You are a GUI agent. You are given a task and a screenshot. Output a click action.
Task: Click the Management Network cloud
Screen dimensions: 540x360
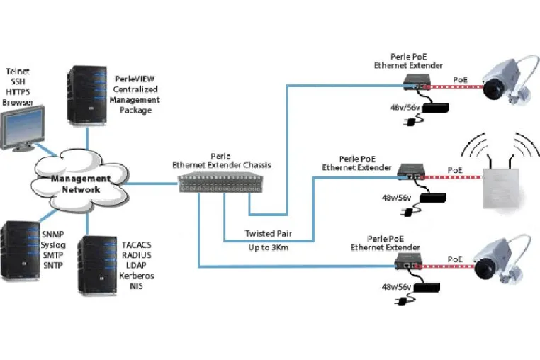point(80,182)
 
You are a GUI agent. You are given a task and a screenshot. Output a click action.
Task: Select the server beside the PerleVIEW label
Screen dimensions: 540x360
point(87,95)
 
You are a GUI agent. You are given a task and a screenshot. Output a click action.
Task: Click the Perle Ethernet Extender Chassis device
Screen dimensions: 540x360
point(220,184)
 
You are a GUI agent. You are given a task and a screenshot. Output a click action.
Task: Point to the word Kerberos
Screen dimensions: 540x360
point(136,276)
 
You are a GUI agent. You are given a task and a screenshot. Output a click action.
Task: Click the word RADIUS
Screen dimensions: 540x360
point(136,255)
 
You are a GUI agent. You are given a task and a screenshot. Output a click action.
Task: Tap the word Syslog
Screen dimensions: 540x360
point(53,245)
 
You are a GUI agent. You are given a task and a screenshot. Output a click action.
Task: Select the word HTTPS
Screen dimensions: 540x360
point(18,92)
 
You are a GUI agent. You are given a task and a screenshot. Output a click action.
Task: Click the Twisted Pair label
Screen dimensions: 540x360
point(269,234)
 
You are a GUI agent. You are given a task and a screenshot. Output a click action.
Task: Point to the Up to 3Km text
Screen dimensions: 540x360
point(269,247)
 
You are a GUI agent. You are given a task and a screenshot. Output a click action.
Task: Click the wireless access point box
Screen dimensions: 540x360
point(501,188)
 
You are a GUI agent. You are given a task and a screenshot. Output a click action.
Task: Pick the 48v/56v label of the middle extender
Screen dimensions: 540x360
point(396,198)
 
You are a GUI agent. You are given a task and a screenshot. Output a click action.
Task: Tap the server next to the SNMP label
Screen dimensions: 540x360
point(20,251)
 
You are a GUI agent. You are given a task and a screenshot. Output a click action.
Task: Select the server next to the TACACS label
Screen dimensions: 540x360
point(98,265)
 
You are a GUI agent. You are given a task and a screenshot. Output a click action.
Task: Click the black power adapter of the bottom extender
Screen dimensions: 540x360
point(427,287)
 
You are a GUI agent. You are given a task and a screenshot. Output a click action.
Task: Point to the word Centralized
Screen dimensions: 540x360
point(135,89)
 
